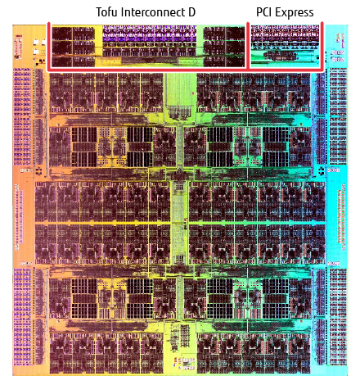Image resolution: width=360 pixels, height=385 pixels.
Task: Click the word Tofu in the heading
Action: pos(107,12)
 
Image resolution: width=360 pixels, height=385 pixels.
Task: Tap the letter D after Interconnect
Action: pos(192,12)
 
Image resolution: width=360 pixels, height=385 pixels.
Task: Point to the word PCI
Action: pos(264,12)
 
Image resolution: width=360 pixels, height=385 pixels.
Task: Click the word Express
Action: pos(295,13)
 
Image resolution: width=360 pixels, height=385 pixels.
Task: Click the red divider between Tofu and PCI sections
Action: pos(248,46)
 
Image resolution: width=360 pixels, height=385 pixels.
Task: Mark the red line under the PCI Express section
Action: pos(286,70)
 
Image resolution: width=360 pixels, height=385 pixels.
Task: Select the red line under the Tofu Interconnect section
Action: pos(148,70)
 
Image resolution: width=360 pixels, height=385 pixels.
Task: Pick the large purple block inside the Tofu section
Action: pos(150,34)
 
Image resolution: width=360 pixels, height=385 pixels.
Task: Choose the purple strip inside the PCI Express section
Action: pos(285,34)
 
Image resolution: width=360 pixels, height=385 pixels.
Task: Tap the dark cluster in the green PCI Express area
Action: pos(280,56)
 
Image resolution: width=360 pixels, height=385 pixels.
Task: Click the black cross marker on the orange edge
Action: pos(38,171)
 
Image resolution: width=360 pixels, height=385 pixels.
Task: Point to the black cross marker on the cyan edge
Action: pos(322,170)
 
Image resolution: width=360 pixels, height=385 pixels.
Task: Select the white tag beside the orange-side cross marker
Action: pos(26,170)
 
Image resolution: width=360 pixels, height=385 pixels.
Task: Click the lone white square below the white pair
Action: pos(36,52)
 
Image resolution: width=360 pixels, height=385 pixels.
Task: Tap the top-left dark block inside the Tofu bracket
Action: pos(62,34)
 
